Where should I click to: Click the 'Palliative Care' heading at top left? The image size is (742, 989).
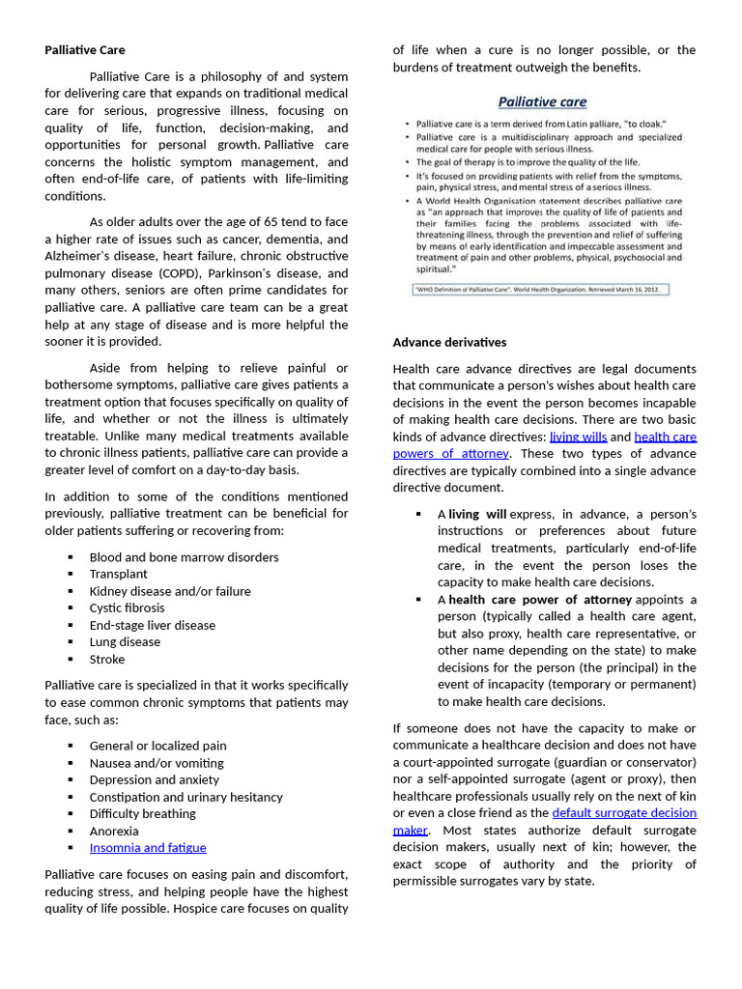pos(85,50)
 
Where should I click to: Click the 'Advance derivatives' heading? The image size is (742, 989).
pos(449,342)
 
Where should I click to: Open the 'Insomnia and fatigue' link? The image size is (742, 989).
pos(148,848)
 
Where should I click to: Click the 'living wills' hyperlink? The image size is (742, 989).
pos(578,437)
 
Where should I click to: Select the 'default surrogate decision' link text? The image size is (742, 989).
pos(623,812)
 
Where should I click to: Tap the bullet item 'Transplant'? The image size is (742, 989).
pos(119,574)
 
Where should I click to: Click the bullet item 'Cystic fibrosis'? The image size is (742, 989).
pos(127,608)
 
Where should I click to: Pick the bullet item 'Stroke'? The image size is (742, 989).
pos(107,659)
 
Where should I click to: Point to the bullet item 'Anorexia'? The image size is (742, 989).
pos(114,831)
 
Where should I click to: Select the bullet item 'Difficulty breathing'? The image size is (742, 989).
pos(142,813)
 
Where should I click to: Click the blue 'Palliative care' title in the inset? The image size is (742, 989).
pos(542,102)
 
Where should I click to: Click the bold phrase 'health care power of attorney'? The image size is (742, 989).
pos(540,600)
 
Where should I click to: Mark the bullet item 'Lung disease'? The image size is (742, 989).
pos(125,641)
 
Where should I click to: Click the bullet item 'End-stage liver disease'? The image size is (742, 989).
pos(153,625)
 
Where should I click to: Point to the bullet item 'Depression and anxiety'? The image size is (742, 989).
pos(155,779)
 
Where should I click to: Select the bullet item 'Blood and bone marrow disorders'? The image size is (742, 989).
pos(184,557)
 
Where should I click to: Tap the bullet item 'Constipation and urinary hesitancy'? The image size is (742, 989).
pos(186,797)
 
